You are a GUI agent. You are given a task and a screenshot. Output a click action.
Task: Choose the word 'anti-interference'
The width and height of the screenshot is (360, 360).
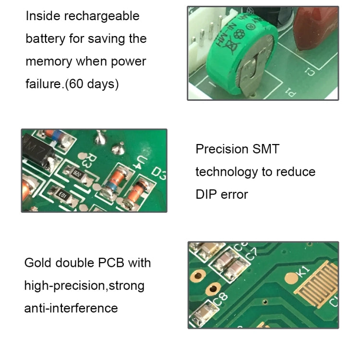pyautogui.click(x=71, y=308)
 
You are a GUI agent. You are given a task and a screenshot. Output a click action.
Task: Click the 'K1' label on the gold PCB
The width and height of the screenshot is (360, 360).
pyautogui.click(x=303, y=271)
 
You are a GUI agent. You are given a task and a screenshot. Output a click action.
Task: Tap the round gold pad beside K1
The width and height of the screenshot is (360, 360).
pyautogui.click(x=291, y=277)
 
